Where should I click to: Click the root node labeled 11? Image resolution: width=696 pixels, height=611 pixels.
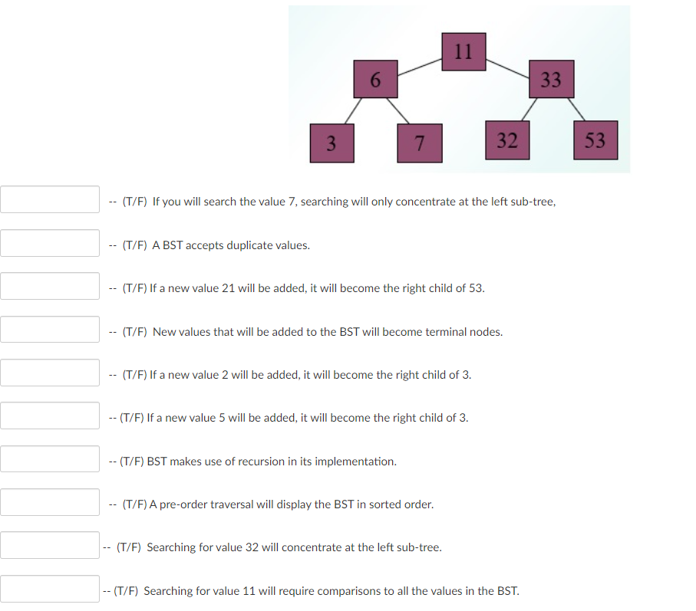click(463, 52)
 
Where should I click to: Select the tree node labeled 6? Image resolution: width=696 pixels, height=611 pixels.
click(375, 79)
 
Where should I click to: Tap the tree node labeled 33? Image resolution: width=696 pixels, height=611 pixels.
click(551, 79)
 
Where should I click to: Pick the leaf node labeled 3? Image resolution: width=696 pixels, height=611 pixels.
click(332, 143)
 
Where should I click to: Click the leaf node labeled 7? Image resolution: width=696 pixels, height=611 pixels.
click(419, 143)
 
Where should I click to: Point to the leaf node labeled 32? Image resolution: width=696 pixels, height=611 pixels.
click(506, 140)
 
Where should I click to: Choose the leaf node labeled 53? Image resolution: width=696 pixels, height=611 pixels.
click(595, 140)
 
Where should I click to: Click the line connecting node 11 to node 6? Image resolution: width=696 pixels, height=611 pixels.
click(420, 66)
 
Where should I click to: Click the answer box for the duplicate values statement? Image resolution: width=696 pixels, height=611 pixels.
click(50, 244)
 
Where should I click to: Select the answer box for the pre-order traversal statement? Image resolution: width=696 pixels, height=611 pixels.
click(50, 503)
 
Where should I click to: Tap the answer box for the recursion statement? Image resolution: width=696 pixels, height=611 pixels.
click(50, 460)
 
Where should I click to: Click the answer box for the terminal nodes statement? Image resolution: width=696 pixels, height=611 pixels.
click(50, 330)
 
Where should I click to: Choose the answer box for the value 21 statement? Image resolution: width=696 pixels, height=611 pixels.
click(50, 287)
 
